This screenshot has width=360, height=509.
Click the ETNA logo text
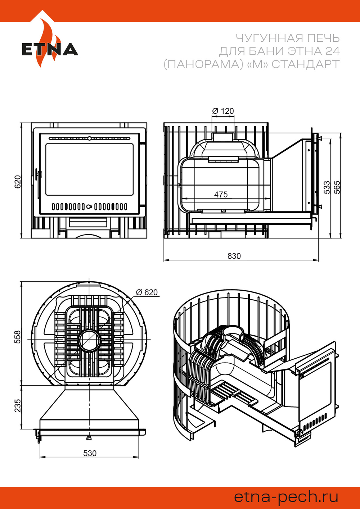(x=50, y=49)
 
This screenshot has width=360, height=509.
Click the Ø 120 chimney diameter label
(x=223, y=111)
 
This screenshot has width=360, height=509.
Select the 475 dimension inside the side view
(x=221, y=194)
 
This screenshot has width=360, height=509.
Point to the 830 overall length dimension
(x=234, y=256)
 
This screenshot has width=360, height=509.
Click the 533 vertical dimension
(x=327, y=187)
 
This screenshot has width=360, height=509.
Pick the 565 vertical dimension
(x=337, y=187)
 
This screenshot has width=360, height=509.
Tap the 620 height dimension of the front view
(x=18, y=182)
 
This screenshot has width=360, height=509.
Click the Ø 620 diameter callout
(x=147, y=292)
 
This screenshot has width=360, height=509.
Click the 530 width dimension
(x=90, y=453)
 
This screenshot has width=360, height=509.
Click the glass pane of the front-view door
(x=89, y=169)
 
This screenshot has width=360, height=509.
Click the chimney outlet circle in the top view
(x=89, y=341)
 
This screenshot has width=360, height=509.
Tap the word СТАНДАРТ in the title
(x=306, y=64)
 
